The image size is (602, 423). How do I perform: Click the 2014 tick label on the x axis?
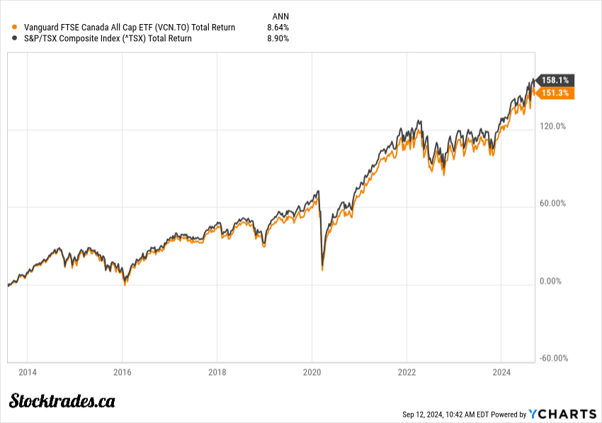[x=28, y=372]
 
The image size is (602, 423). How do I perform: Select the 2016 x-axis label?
[x=123, y=372]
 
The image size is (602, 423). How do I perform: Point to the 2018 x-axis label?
[x=217, y=372]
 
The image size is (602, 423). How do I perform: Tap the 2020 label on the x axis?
[x=312, y=372]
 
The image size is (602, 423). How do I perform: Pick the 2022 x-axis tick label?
[x=407, y=372]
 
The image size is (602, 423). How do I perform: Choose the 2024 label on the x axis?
[x=501, y=372]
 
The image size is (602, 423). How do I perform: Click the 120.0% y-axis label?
[x=553, y=127]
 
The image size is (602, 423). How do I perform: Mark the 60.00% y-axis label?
[x=553, y=204]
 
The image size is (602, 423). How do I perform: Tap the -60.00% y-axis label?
[x=553, y=358]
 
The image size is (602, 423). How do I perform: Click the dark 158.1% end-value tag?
[x=555, y=80]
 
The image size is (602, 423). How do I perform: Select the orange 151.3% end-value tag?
[x=555, y=93]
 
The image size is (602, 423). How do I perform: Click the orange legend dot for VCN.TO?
[x=15, y=28]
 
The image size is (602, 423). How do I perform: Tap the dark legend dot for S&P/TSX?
[x=15, y=38]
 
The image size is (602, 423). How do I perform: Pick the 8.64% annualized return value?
[x=278, y=28]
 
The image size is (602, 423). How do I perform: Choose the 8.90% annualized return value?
[x=278, y=38]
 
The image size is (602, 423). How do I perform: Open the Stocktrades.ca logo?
[x=62, y=401]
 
